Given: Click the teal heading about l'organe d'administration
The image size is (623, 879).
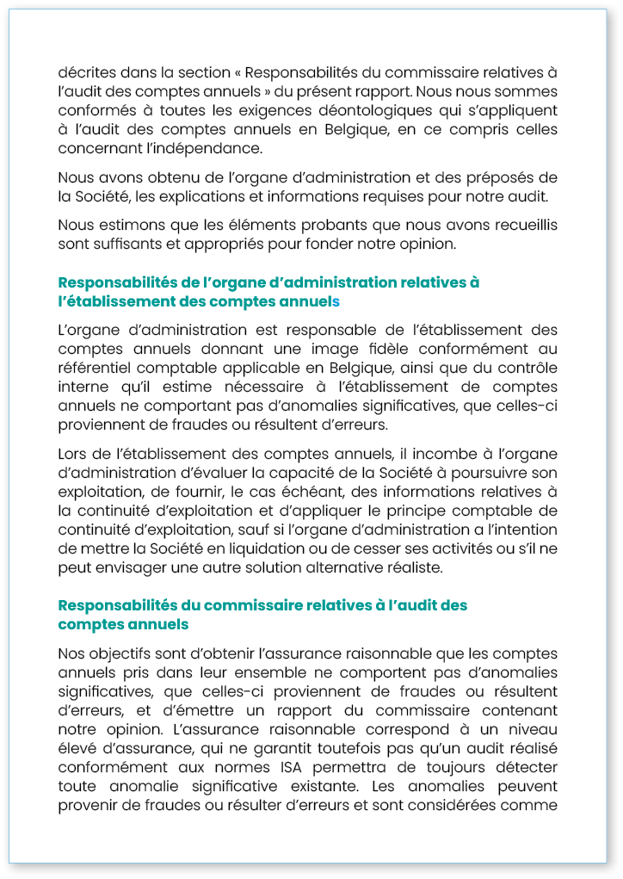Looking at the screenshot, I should click(268, 292).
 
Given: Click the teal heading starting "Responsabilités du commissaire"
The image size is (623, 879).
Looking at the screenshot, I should click(262, 615).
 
